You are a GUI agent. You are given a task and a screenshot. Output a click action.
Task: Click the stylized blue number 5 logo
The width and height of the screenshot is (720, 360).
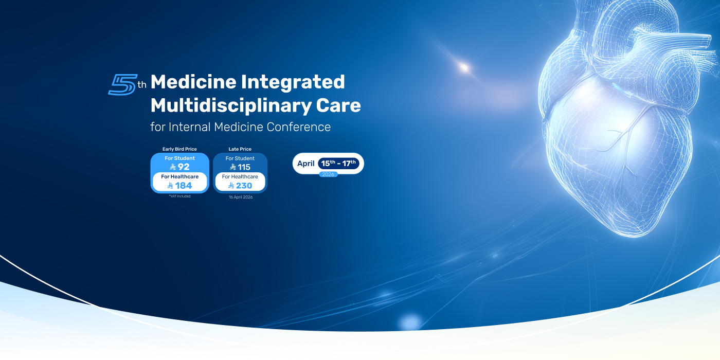point(122,84)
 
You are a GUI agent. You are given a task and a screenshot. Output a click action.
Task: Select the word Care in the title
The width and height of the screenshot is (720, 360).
point(338,105)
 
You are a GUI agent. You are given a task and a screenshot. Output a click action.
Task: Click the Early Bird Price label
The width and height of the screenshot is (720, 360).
point(179,149)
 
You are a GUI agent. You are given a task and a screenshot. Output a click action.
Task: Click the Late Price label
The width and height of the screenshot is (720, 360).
point(240,149)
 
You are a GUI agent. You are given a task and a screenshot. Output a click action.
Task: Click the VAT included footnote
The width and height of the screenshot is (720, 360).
point(179,196)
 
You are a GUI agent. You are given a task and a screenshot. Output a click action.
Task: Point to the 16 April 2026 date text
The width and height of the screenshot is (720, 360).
point(240,197)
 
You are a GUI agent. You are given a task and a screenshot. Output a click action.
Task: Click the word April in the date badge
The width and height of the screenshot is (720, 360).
point(306,164)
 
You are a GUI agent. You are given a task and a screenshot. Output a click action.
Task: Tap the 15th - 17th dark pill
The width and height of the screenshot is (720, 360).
point(338,164)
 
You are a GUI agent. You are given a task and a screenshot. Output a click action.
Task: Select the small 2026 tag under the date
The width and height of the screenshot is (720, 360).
point(328,174)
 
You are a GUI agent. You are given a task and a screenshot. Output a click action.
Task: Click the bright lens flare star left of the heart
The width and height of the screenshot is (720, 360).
point(464,66)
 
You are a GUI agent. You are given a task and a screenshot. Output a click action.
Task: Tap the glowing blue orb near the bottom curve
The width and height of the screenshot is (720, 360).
point(410,322)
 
